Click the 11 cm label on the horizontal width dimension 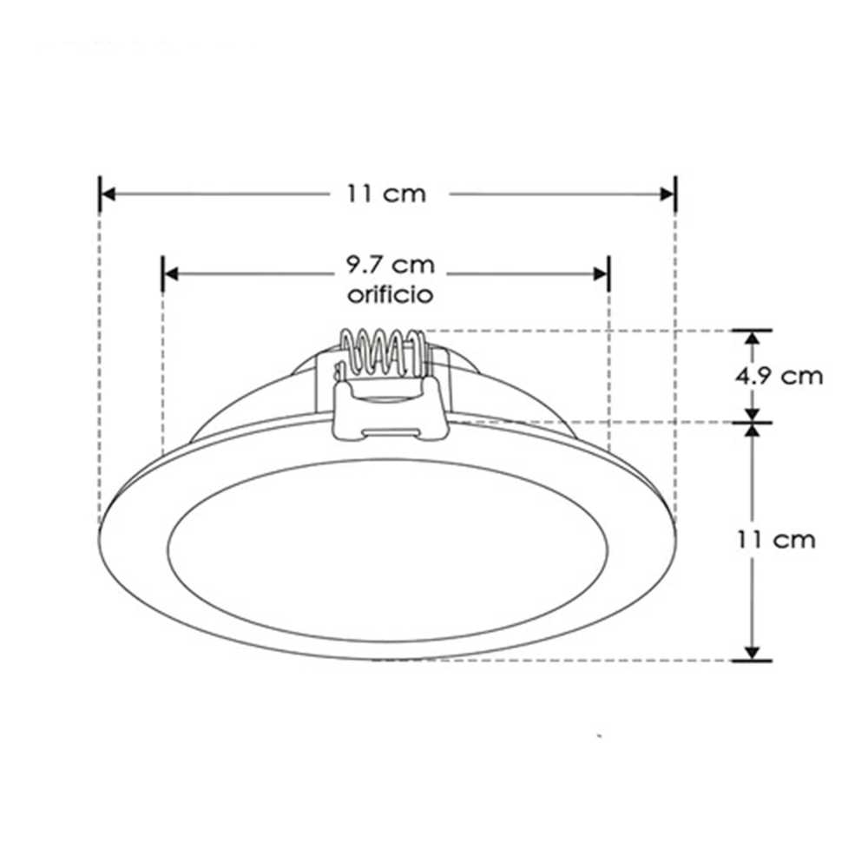(x=387, y=194)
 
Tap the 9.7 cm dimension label (x=387, y=263)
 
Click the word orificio (x=389, y=294)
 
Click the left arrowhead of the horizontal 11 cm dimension (x=108, y=194)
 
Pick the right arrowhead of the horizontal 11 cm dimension (x=667, y=194)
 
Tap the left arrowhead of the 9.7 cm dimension (x=172, y=273)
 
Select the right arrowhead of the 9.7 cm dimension (x=600, y=273)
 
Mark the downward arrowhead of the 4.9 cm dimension (x=752, y=413)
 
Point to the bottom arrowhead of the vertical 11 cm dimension (x=752, y=652)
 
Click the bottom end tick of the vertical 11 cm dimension (x=752, y=661)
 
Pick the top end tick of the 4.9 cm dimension (x=752, y=330)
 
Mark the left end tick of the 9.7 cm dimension (x=163, y=273)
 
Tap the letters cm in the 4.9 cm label (x=800, y=376)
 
